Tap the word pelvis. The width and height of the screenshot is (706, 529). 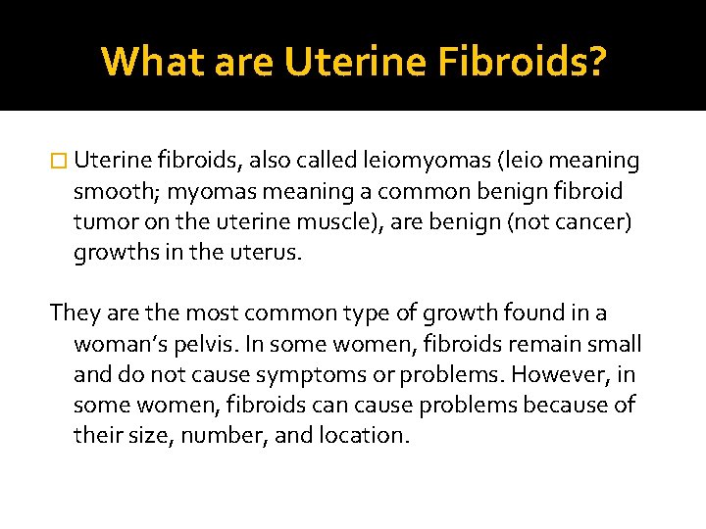coord(227,344)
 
